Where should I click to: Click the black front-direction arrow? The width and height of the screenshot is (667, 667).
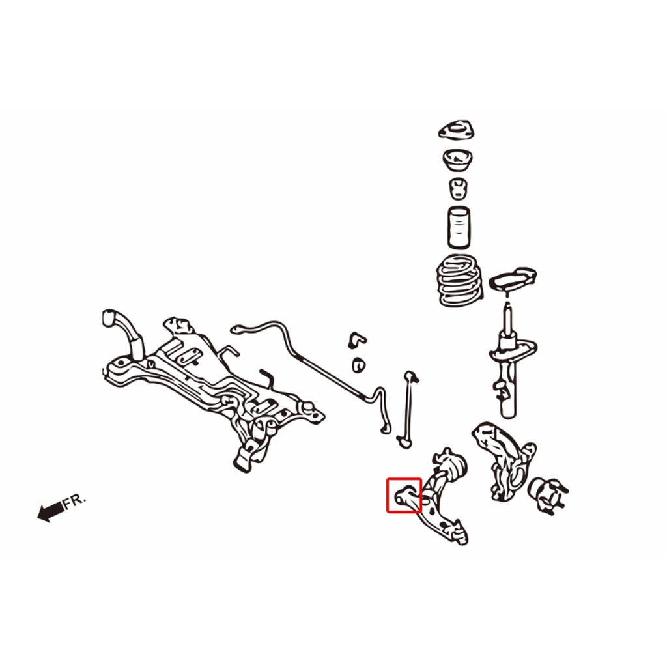[51, 511]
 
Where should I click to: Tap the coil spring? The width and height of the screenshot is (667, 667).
[461, 280]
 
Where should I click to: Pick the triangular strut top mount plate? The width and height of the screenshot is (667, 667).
[457, 130]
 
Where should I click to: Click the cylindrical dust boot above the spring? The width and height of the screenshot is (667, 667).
[459, 227]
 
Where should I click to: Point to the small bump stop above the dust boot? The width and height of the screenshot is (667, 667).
[458, 188]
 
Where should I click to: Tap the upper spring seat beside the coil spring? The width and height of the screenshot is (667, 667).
[513, 279]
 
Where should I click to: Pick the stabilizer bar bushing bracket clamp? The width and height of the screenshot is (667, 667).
[356, 340]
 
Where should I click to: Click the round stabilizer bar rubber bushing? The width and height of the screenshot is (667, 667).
[359, 365]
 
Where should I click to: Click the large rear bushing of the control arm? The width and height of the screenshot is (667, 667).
[455, 466]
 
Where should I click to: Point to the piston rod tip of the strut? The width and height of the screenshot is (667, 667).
[507, 305]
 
